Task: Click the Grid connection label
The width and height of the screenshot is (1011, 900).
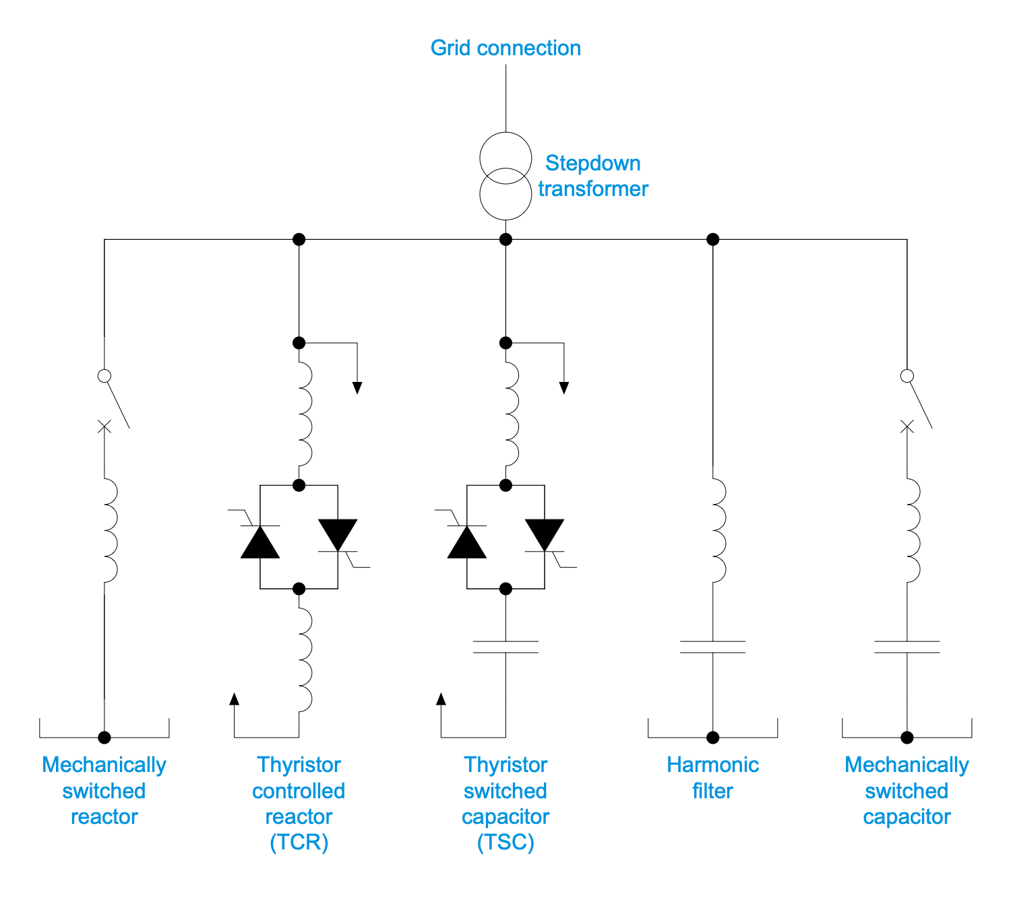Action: point(506,49)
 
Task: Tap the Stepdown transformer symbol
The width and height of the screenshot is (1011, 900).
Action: point(506,176)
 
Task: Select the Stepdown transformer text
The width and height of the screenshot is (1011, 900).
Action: point(593,176)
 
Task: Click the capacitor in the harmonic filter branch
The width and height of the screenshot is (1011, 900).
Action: point(712,647)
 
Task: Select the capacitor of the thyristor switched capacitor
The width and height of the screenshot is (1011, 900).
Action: point(506,647)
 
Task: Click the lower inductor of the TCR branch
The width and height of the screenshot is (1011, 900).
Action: point(304,660)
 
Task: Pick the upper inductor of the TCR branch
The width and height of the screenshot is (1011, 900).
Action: point(304,415)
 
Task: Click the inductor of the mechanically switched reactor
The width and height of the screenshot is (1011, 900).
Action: point(109,530)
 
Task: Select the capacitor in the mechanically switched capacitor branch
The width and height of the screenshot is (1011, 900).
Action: point(907,647)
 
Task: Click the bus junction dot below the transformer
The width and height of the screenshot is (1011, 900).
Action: point(506,239)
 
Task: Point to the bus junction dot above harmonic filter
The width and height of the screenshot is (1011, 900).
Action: point(712,239)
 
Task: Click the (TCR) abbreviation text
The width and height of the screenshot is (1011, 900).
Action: point(299,843)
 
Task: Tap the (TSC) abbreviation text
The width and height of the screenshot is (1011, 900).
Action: point(506,843)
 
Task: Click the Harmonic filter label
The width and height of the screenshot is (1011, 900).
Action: point(712,777)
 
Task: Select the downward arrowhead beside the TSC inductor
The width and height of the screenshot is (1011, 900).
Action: point(564,388)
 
